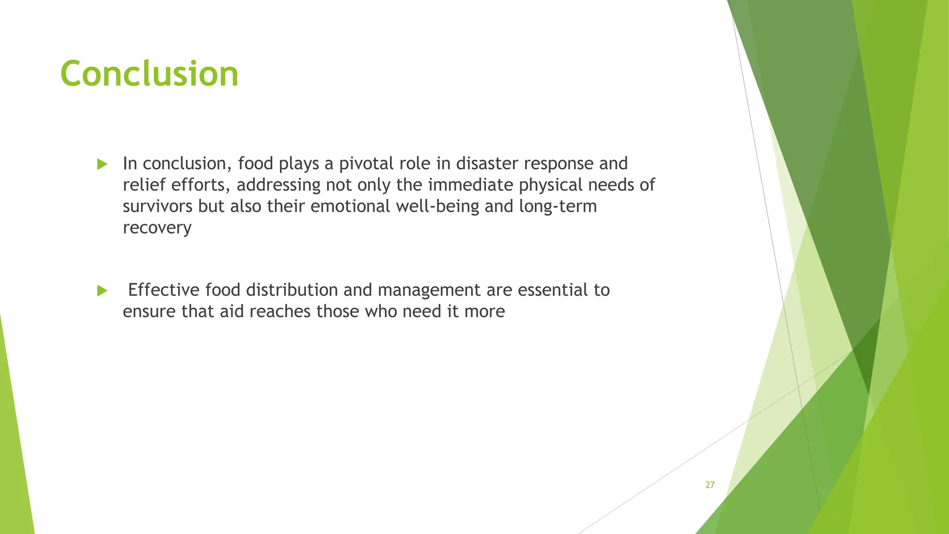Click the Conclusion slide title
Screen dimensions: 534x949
pyautogui.click(x=149, y=74)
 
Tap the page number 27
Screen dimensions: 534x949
pyautogui.click(x=710, y=485)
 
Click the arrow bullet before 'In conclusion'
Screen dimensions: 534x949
pyautogui.click(x=102, y=164)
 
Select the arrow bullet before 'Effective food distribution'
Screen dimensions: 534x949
pyautogui.click(x=102, y=291)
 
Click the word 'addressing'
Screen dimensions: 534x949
pyautogui.click(x=278, y=185)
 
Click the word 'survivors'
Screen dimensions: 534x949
pyautogui.click(x=158, y=206)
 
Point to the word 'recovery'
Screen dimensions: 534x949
pyautogui.click(x=157, y=228)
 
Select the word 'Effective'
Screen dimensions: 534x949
pyautogui.click(x=164, y=290)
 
